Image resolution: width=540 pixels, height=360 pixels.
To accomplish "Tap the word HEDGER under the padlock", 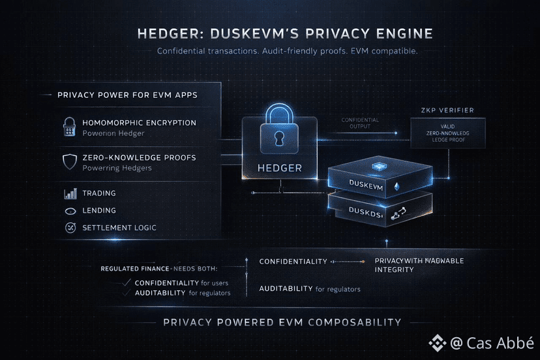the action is [x=279, y=168].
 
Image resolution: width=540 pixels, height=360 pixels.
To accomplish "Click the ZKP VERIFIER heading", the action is [x=447, y=111].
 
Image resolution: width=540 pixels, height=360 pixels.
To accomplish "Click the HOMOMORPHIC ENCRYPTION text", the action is [x=139, y=123].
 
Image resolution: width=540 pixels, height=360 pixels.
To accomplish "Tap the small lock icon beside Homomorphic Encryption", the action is [x=69, y=127].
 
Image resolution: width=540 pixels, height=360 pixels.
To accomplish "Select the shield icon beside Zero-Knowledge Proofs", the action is [x=69, y=162].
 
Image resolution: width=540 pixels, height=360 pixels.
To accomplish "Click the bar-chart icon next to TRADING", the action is [x=70, y=194].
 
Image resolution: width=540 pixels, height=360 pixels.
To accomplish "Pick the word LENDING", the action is [x=99, y=211].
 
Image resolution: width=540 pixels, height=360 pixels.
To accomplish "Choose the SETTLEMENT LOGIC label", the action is [x=119, y=228].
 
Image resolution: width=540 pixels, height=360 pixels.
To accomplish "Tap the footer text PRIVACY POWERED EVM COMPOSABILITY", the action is [x=282, y=322].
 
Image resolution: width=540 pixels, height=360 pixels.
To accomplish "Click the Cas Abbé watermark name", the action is [x=500, y=342].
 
